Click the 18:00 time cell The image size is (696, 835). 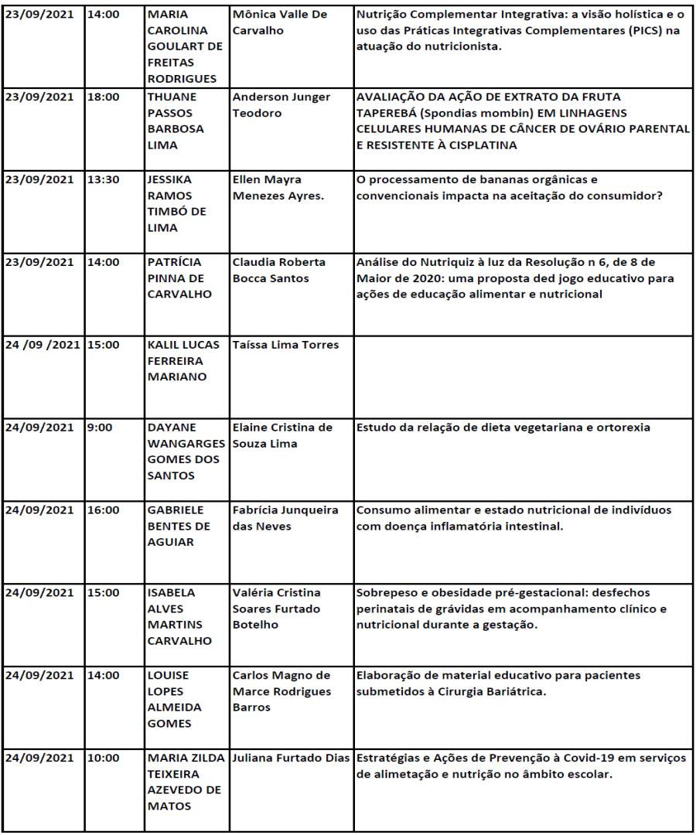click(103, 97)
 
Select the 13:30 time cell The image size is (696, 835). click(103, 179)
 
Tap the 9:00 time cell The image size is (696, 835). click(97, 428)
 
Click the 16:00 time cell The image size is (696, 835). click(103, 510)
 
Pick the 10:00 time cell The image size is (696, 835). click(103, 758)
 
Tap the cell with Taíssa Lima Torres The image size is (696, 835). click(285, 345)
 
